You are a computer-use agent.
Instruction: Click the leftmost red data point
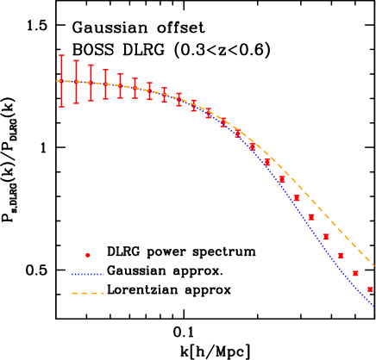(61, 81)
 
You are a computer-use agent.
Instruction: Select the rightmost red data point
(370, 289)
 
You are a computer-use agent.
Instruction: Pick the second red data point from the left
(76, 82)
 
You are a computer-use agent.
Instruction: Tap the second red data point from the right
(355, 273)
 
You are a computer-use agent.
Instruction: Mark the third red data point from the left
(91, 83)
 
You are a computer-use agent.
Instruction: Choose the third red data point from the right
(341, 255)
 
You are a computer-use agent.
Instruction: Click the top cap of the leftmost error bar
(61, 55)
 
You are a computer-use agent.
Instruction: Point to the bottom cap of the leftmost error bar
(61, 107)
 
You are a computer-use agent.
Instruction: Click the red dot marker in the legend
(87, 255)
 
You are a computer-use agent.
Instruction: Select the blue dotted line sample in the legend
(87, 274)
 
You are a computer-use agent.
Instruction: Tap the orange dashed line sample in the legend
(87, 293)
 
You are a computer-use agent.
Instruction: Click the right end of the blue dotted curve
(374, 305)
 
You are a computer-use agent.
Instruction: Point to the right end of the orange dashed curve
(374, 265)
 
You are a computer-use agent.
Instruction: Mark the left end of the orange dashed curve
(57, 81)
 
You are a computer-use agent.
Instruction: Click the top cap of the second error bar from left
(76, 60)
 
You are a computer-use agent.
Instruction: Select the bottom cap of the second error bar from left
(76, 103)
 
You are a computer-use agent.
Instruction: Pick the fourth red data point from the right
(326, 237)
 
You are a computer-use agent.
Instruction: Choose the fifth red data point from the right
(311, 217)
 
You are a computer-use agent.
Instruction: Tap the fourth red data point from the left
(105, 84)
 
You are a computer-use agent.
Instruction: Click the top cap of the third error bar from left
(91, 65)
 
